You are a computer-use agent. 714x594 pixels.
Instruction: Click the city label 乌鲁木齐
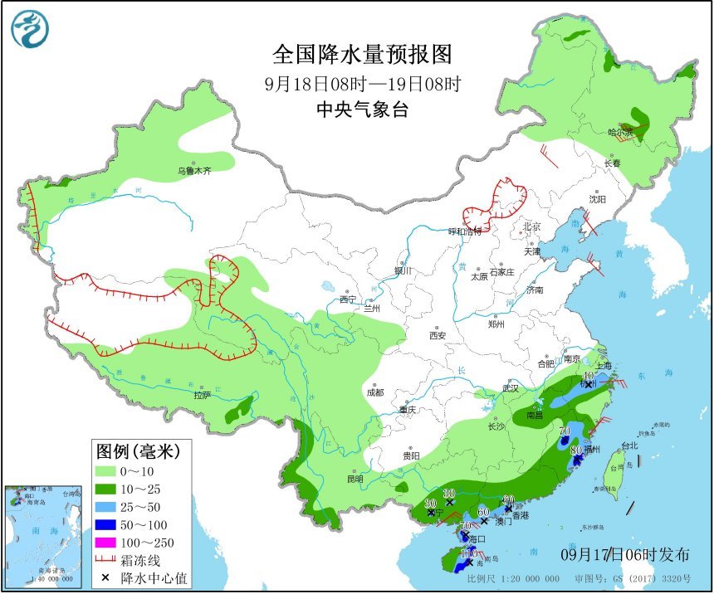[195, 171]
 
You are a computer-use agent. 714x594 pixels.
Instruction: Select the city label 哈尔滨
[619, 132]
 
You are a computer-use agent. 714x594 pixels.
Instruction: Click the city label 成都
[374, 392]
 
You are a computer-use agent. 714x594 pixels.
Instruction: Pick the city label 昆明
[356, 479]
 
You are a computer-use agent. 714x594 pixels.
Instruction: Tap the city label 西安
[438, 336]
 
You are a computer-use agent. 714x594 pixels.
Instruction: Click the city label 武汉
[511, 387]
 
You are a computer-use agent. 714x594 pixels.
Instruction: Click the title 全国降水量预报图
[363, 55]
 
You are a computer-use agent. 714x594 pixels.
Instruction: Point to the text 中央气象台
[363, 110]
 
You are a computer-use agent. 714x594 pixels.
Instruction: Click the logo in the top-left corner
[29, 29]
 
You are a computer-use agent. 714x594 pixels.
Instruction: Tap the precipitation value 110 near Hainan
[468, 553]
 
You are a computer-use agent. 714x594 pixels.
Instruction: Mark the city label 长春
[613, 163]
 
